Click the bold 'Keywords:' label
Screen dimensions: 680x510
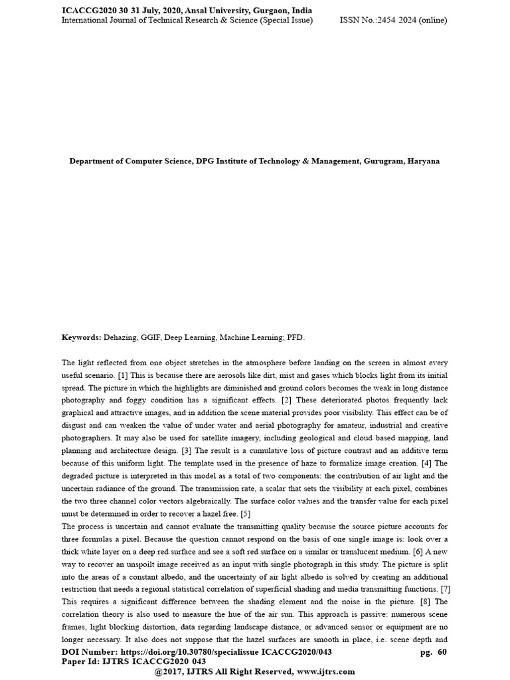[x=81, y=337]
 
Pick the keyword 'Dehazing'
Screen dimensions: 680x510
[x=121, y=337]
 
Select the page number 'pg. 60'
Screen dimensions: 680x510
[x=433, y=653]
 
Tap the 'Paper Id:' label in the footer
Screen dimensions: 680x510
[x=80, y=661]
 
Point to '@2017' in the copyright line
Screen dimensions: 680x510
[x=169, y=671]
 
